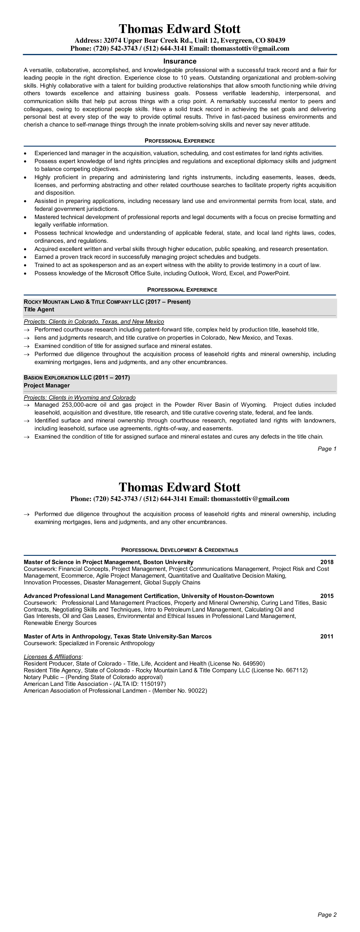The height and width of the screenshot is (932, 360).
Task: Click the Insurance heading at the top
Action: click(x=180, y=61)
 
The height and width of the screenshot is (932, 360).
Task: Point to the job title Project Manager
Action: click(x=47, y=385)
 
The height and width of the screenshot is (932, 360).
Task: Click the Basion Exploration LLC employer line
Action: click(x=77, y=378)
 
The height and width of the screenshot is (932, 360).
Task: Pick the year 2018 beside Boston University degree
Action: click(x=327, y=562)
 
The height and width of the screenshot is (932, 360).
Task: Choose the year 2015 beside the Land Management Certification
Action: click(x=327, y=596)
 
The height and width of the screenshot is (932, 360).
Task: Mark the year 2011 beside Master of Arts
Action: click(x=327, y=637)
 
